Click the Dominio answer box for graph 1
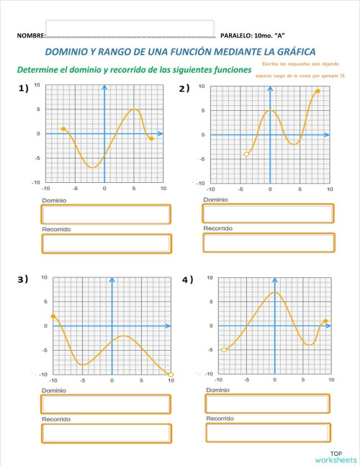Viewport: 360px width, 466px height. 107,214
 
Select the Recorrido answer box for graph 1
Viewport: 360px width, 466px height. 107,243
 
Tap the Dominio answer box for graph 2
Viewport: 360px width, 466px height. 268,213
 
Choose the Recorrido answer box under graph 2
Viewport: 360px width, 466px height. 268,243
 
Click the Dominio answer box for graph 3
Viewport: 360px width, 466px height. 107,404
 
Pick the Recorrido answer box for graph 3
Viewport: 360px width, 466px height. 107,433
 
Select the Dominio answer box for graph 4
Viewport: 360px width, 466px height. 269,404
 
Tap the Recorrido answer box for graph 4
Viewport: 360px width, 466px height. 269,432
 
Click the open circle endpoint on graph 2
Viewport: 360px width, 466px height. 246,154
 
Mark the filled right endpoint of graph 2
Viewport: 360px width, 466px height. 318,91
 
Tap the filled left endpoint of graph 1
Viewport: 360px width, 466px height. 63,129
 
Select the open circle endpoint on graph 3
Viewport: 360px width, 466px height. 171,374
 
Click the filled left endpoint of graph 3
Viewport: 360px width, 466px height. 53,316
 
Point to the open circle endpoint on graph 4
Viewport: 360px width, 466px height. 224,350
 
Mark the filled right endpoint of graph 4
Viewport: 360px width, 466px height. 325,321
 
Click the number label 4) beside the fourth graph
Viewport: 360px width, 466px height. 187,279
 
